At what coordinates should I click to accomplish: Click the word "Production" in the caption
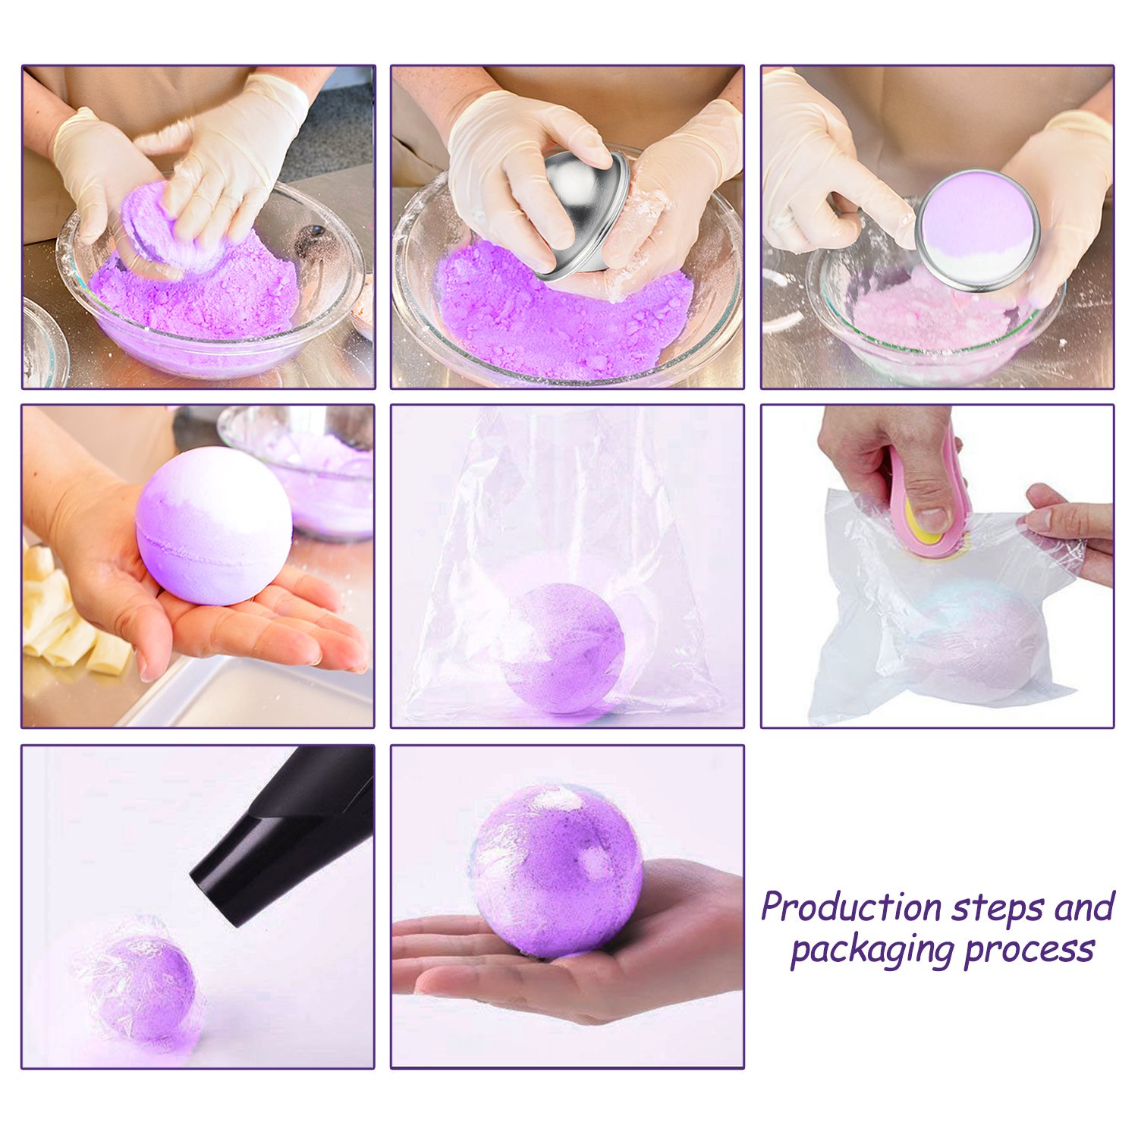tap(852, 908)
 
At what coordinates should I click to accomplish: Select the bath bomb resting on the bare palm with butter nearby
tap(214, 526)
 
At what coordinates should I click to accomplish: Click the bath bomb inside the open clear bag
tap(563, 646)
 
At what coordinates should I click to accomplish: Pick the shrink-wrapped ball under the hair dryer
tap(148, 986)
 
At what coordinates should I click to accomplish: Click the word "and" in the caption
tap(1085, 908)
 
